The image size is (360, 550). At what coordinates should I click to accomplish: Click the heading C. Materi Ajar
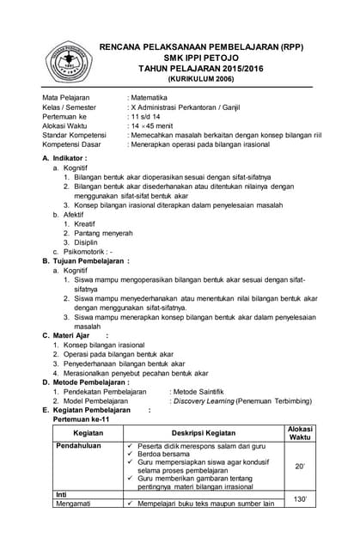point(73,335)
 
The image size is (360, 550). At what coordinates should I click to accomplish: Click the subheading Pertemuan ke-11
point(82,419)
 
